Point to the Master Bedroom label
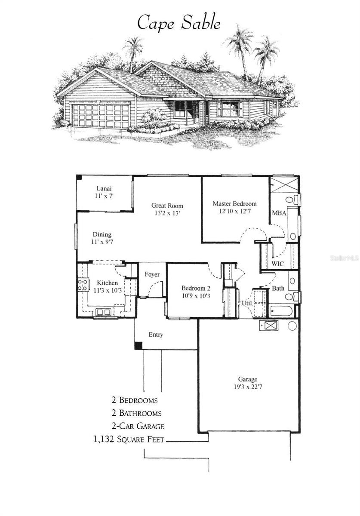pyautogui.click(x=234, y=204)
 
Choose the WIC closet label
pyautogui.click(x=277, y=264)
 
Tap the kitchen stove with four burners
pyautogui.click(x=83, y=285)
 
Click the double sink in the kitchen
pyautogui.click(x=104, y=312)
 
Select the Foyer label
pyautogui.click(x=152, y=274)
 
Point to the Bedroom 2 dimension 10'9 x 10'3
pyautogui.click(x=195, y=296)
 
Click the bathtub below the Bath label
pyautogui.click(x=281, y=311)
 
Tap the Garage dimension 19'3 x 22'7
pyautogui.click(x=248, y=387)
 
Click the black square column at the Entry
pyautogui.click(x=138, y=345)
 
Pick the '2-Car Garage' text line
pyautogui.click(x=137, y=426)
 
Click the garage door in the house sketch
pyautogui.click(x=101, y=115)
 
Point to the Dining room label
pyautogui.click(x=102, y=235)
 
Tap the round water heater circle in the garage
pyautogui.click(x=292, y=326)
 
